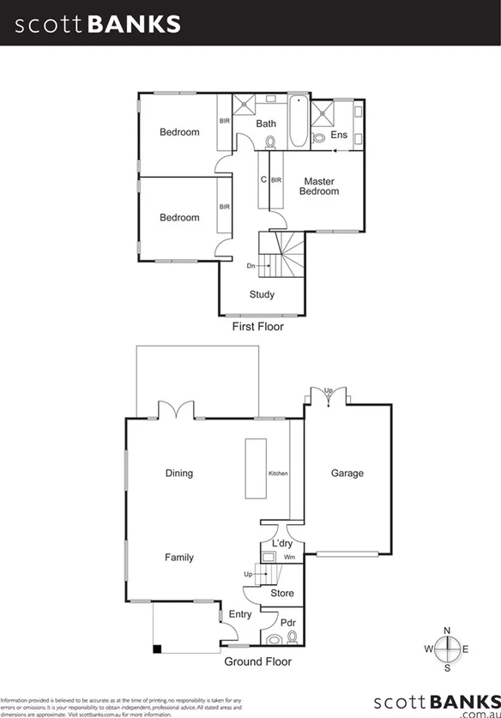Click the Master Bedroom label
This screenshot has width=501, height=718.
[x=318, y=186]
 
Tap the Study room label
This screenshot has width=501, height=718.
[x=262, y=295]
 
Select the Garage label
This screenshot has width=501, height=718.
[x=347, y=473]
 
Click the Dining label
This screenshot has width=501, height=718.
[x=179, y=473]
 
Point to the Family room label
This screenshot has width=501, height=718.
[x=179, y=558]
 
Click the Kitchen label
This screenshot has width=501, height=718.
[x=279, y=474]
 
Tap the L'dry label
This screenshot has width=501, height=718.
[x=282, y=545]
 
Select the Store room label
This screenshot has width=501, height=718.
[x=282, y=593]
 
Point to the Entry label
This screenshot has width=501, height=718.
[x=241, y=614]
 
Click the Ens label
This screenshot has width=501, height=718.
[x=339, y=135]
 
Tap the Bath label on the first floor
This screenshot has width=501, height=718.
[x=266, y=124]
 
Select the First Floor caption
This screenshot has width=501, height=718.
[x=257, y=327]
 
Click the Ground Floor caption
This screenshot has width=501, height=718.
[x=257, y=661]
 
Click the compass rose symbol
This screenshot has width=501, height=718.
[x=447, y=649]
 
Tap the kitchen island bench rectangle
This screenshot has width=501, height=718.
[x=256, y=468]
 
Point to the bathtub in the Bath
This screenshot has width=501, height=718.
[x=297, y=122]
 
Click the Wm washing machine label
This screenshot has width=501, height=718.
[x=289, y=558]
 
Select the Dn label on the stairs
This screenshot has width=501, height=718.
[x=251, y=266]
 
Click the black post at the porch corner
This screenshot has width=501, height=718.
[x=157, y=649]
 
